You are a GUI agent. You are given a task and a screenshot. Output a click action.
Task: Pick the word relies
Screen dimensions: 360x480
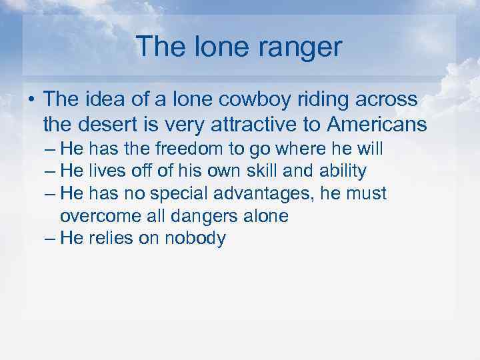coord(109,239)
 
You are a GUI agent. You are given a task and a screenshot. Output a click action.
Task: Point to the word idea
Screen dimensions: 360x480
coord(99,100)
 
